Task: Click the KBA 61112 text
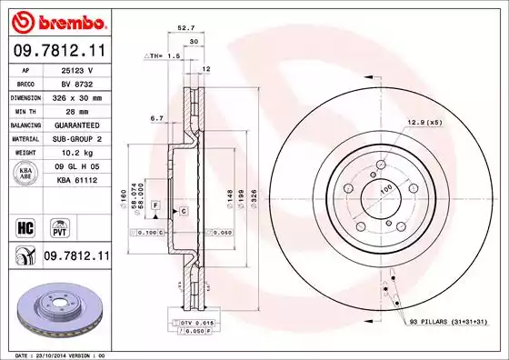[76, 182]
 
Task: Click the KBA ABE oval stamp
[26, 174]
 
